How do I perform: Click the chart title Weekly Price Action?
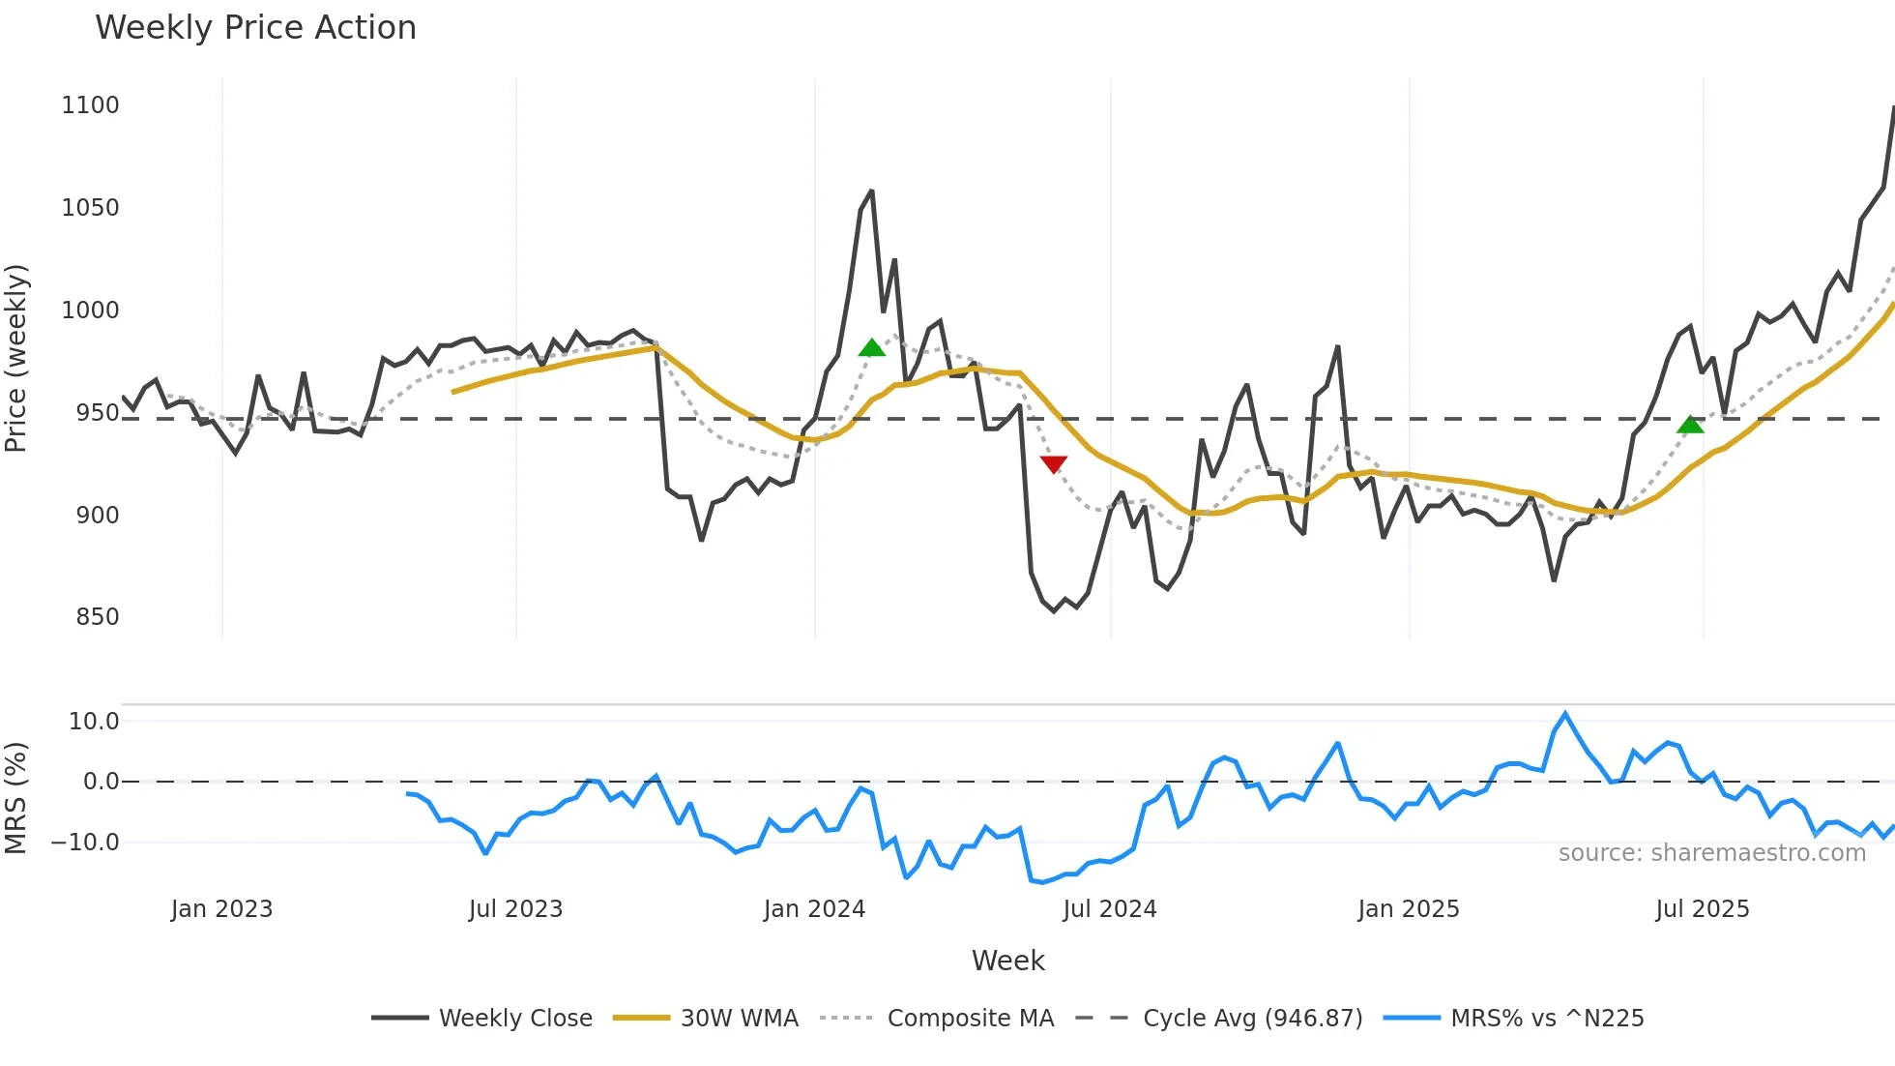255,28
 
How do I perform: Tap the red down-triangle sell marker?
1054,464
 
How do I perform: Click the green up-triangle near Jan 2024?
871,348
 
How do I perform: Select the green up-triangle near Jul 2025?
1690,425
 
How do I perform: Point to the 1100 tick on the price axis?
90,105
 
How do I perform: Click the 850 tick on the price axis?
97,617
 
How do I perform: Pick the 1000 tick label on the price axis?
90,311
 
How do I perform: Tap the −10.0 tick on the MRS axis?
85,843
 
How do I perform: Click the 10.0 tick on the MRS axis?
94,722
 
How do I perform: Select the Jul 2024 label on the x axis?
1109,909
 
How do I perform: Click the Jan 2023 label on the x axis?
221,909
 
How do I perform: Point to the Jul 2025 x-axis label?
1702,909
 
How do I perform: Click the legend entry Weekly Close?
514,1019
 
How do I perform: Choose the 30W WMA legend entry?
739,1019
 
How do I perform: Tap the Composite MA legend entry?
970,1019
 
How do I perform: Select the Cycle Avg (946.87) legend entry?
1252,1019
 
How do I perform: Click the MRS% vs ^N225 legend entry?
1547,1019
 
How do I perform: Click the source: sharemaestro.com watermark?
1711,853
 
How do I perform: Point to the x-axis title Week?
1007,961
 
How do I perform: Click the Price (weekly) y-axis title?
15,358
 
